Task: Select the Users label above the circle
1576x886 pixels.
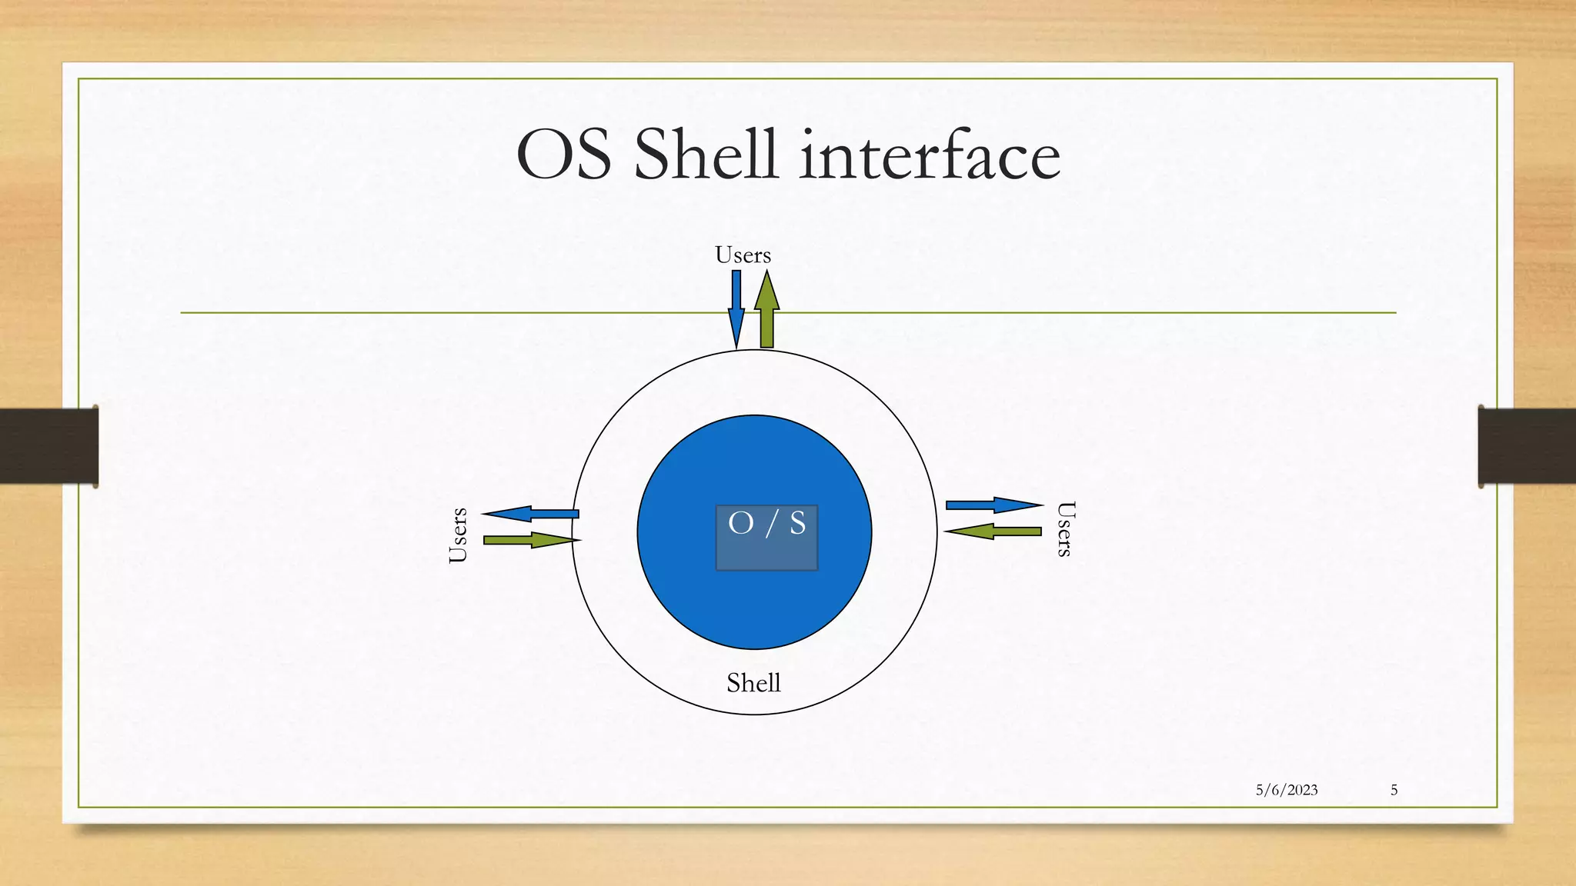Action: (x=743, y=255)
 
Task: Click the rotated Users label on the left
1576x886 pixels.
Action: (x=458, y=535)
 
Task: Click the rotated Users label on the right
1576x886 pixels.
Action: (x=1065, y=528)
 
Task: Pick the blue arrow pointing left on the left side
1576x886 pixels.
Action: (x=531, y=513)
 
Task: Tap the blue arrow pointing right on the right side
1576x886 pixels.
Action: (x=993, y=505)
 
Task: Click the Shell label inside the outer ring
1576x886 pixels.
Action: (x=753, y=683)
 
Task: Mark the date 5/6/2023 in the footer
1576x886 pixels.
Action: (x=1286, y=790)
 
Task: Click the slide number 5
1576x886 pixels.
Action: (x=1394, y=790)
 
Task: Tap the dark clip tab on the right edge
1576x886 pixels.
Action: (x=1527, y=446)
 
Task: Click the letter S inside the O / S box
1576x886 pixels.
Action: (x=797, y=523)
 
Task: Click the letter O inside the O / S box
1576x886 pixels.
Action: (x=740, y=523)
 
